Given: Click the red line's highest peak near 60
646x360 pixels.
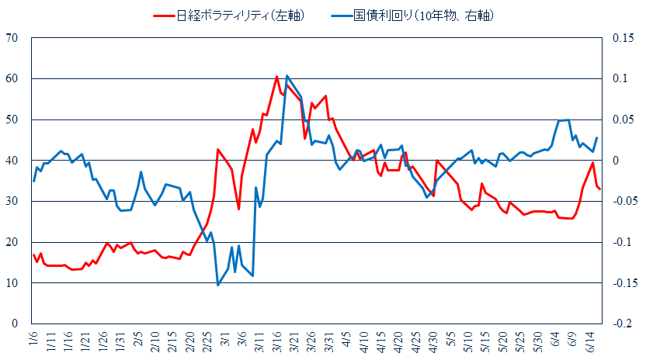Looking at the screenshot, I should [x=277, y=76].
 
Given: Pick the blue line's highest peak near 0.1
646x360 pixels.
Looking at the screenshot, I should [x=287, y=75].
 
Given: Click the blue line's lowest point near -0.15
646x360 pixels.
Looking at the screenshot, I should [x=217, y=285].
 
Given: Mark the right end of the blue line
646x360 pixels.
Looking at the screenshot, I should [x=596, y=137].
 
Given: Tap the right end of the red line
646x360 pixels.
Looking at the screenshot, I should [x=599, y=189].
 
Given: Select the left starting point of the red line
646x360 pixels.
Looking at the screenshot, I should [x=34, y=254].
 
